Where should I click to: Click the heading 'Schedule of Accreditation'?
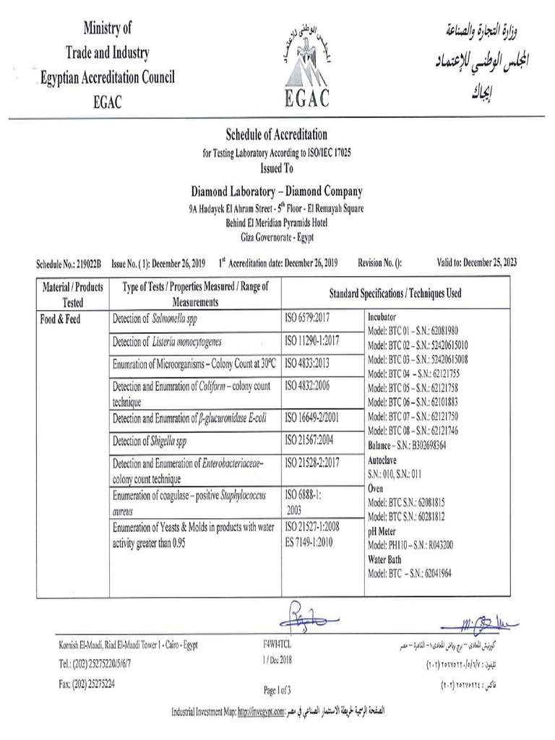277,134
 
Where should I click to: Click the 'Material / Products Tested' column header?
72,294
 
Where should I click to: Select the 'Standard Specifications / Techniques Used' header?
395,293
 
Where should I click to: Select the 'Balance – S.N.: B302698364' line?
407,445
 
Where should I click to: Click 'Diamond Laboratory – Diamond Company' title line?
277,192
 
